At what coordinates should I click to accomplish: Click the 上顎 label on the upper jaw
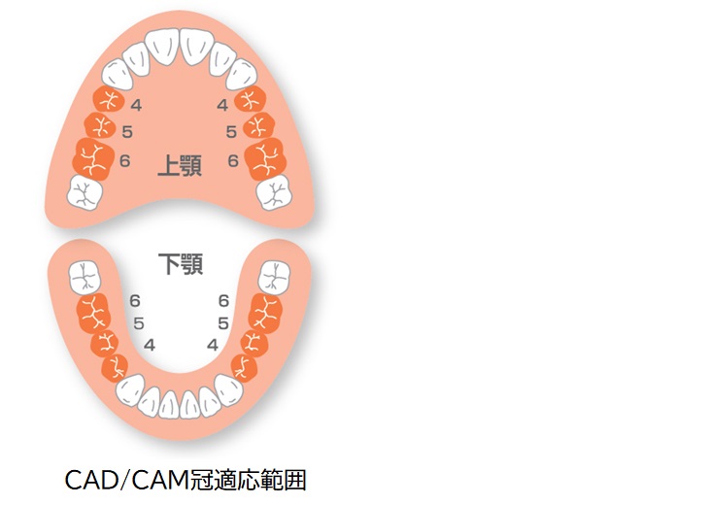[180, 165]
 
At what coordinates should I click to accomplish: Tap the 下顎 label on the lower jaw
[181, 264]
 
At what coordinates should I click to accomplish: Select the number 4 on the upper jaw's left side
[136, 105]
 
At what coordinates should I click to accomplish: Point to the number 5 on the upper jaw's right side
[231, 131]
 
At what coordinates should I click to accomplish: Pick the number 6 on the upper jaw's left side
[124, 160]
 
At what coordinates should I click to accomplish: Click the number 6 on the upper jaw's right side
[233, 160]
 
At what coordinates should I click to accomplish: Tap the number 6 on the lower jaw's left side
[135, 301]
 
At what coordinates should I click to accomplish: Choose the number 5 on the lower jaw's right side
[223, 323]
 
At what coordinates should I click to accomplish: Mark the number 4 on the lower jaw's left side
[150, 346]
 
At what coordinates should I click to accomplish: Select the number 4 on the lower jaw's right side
[213, 346]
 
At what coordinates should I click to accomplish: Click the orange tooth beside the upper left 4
[109, 99]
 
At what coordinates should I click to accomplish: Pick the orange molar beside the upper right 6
[265, 159]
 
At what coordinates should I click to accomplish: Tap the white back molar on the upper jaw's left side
[84, 192]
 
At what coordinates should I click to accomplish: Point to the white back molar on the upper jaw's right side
[274, 192]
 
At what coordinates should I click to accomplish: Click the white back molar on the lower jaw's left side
[84, 278]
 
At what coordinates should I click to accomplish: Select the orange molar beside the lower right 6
[265, 314]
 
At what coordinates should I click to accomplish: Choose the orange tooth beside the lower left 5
[105, 344]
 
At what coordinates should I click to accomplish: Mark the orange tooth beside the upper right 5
[258, 125]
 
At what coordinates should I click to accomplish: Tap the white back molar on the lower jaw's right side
[274, 278]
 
